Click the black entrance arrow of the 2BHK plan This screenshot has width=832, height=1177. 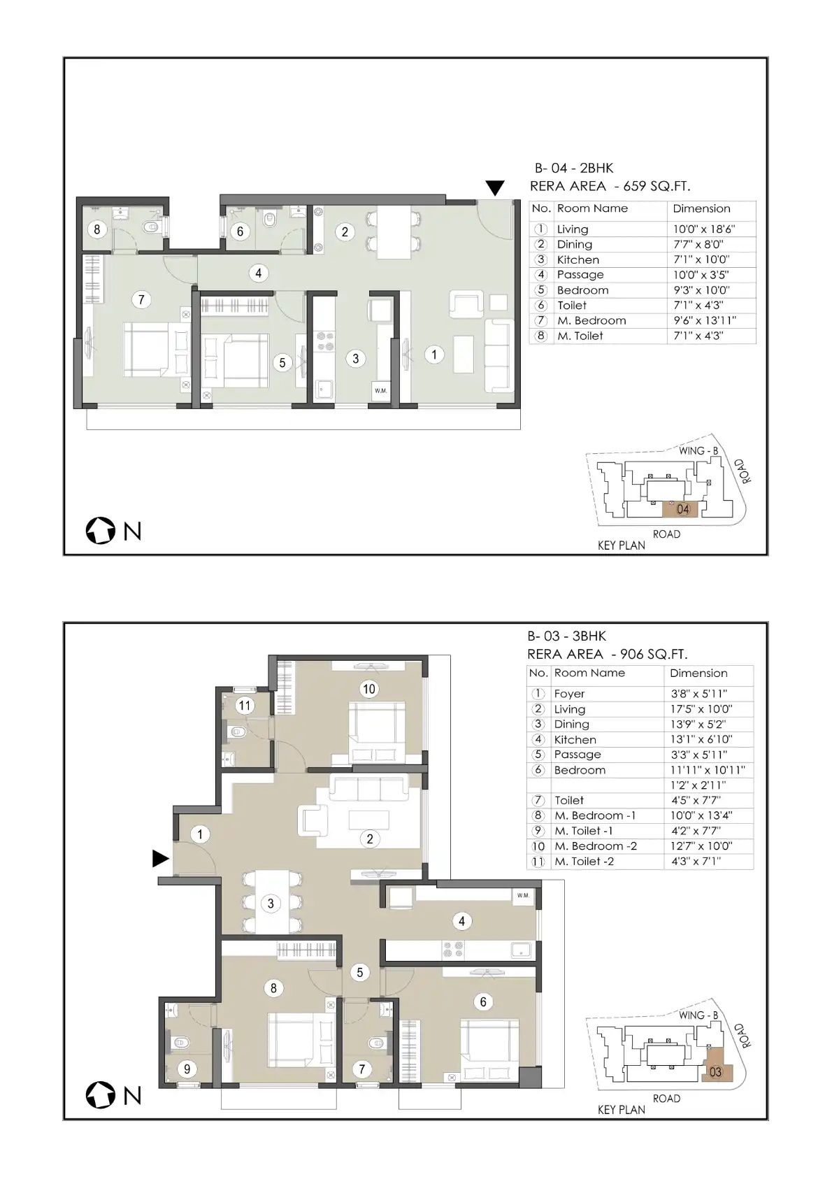click(495, 187)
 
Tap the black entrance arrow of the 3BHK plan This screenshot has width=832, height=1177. click(160, 858)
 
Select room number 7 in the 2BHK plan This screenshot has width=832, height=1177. click(141, 299)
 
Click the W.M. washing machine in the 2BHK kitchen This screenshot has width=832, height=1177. click(381, 390)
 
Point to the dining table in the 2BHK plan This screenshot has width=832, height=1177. click(394, 231)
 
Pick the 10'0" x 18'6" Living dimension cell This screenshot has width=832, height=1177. click(704, 229)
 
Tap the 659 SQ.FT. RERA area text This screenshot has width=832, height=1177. click(657, 186)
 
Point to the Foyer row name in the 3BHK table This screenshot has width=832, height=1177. click(569, 694)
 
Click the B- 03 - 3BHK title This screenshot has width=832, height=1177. click(567, 636)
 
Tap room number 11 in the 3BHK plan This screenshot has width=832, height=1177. click(245, 705)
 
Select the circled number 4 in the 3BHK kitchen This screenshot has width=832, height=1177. click(461, 920)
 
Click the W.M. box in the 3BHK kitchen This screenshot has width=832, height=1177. click(523, 895)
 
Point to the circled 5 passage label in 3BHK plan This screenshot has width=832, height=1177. click(360, 972)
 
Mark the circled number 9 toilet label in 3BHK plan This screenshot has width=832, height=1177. click(187, 1069)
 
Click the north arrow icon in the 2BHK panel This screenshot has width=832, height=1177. click(100, 531)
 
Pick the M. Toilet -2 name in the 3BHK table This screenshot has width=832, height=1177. click(584, 861)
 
